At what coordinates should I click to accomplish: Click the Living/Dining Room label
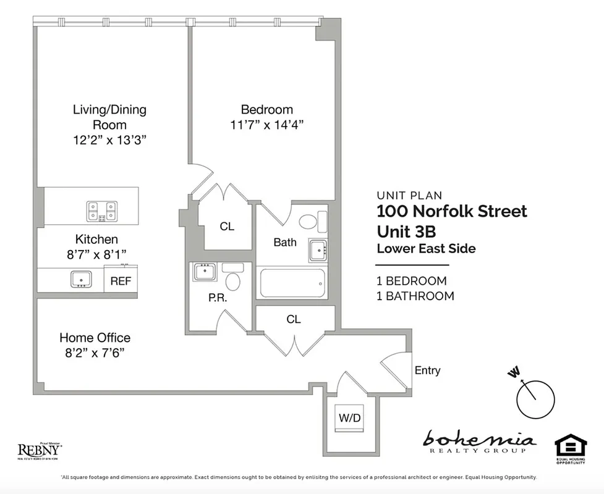(x=109, y=117)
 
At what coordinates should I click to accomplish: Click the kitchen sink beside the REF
(x=81, y=279)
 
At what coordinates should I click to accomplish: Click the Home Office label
(x=95, y=338)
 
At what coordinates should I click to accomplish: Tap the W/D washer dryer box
(x=349, y=418)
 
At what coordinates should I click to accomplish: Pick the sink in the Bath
(x=317, y=249)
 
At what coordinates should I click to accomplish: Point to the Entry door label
(x=427, y=371)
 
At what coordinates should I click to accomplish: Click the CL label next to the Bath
(x=227, y=227)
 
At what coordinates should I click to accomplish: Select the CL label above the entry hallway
(x=294, y=319)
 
